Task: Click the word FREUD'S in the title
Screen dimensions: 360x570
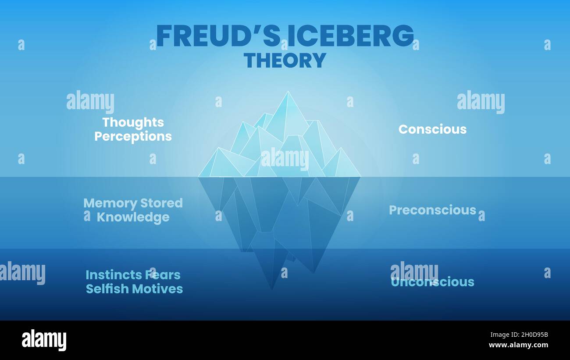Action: tap(218, 36)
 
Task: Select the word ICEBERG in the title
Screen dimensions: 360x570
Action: tap(351, 36)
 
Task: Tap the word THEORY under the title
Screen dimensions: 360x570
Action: tap(285, 60)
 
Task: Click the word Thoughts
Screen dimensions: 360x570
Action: tap(133, 122)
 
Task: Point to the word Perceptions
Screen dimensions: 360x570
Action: tap(133, 136)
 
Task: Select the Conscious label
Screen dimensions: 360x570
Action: tap(432, 129)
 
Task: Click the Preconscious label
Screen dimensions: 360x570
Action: tap(432, 210)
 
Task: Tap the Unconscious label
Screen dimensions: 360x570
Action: tap(432, 282)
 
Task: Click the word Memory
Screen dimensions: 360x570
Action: tap(110, 203)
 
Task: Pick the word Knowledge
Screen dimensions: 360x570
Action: tap(133, 217)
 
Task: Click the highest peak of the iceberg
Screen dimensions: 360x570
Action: tap(288, 93)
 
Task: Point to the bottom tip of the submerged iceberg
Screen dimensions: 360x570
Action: tap(271, 289)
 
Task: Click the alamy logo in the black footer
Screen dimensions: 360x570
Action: tap(44, 340)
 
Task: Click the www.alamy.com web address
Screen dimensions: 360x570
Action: tap(518, 345)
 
